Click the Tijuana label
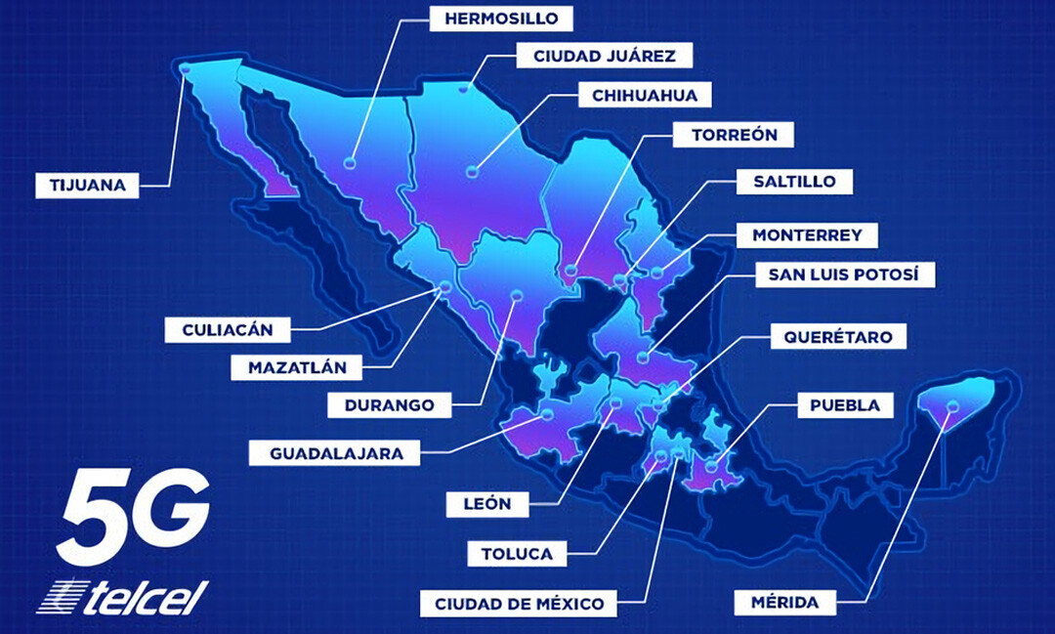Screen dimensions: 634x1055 tap(87, 185)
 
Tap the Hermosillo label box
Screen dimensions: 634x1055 tap(501, 18)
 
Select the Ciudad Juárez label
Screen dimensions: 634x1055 tap(604, 56)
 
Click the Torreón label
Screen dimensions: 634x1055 tap(735, 135)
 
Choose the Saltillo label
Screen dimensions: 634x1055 tap(794, 181)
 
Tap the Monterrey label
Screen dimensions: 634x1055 tap(807, 235)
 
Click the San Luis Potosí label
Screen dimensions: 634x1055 tap(845, 275)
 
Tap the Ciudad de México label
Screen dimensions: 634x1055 tap(520, 602)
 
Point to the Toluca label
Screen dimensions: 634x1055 tap(516, 554)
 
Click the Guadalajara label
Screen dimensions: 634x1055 tap(323, 452)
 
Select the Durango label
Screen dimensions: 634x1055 tap(381, 403)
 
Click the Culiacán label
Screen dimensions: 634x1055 tap(227, 329)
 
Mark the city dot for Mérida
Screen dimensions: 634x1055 tap(952, 406)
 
